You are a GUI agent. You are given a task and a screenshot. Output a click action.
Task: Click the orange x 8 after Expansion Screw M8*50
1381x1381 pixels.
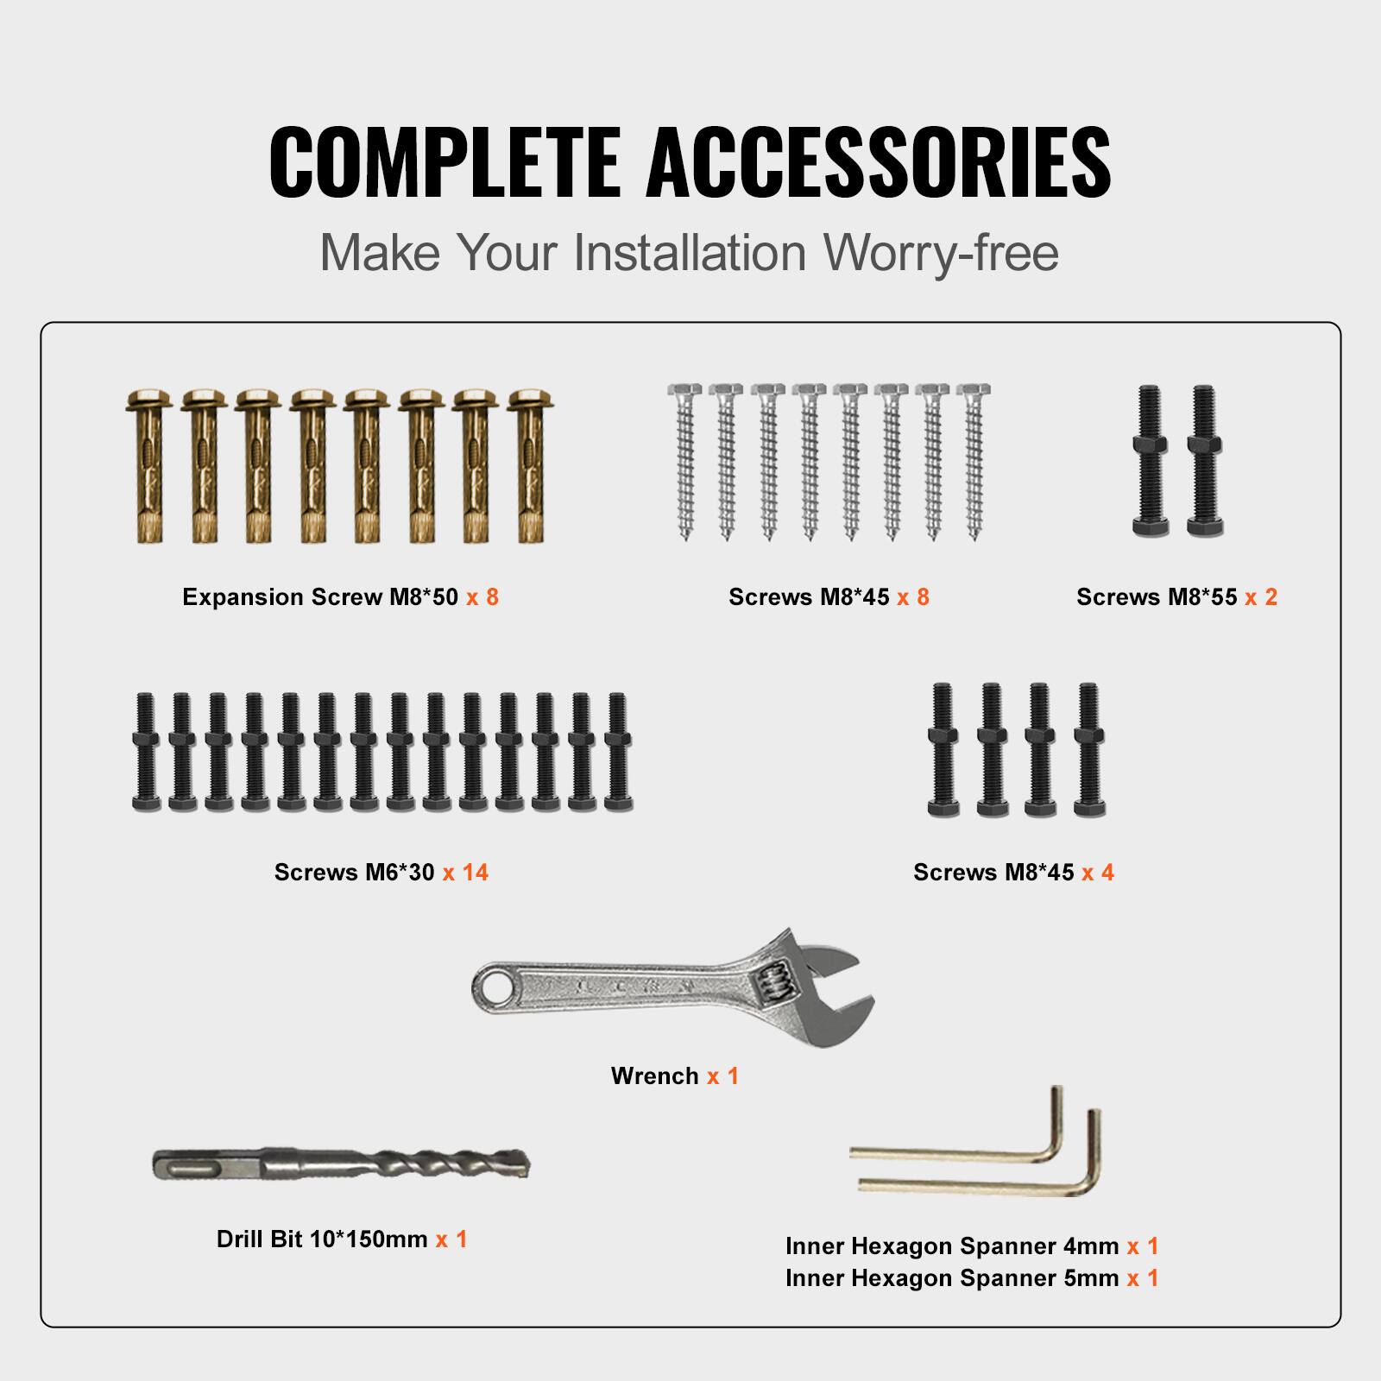[x=482, y=597]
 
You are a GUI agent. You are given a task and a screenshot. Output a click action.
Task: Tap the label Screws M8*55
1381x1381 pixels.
[x=1157, y=597]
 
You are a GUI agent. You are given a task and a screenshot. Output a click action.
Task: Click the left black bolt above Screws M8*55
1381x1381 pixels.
[x=1149, y=462]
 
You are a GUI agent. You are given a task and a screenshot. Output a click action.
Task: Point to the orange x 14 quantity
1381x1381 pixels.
[x=466, y=872]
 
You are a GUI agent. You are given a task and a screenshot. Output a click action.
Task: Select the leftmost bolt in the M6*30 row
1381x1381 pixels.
[x=144, y=752]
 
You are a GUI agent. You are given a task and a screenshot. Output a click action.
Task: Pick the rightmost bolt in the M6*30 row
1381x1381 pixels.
[x=616, y=752]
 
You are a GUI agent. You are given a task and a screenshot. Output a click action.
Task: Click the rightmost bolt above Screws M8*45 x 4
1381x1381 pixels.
[x=1088, y=750]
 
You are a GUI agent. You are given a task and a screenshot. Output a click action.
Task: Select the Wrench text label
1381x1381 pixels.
[x=654, y=1075]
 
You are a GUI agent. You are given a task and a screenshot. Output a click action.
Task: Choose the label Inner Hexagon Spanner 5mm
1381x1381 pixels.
[x=952, y=1277]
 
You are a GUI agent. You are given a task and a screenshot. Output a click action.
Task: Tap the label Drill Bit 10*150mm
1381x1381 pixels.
[x=322, y=1239]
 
